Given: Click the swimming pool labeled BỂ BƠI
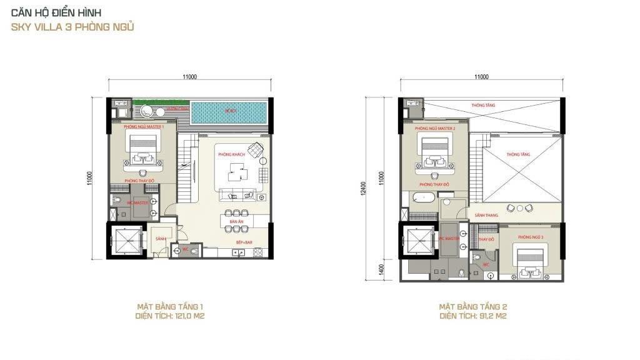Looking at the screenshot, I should (x=231, y=112).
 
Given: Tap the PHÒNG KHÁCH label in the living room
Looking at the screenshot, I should (x=230, y=154).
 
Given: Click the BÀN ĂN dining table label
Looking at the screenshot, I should (x=236, y=222).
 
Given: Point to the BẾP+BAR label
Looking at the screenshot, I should (x=244, y=242).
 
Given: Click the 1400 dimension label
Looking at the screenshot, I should (x=381, y=270).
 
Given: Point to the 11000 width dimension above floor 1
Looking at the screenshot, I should (x=190, y=77).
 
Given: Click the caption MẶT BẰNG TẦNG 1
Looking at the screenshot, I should (x=170, y=307).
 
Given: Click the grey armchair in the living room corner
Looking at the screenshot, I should (x=254, y=150).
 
